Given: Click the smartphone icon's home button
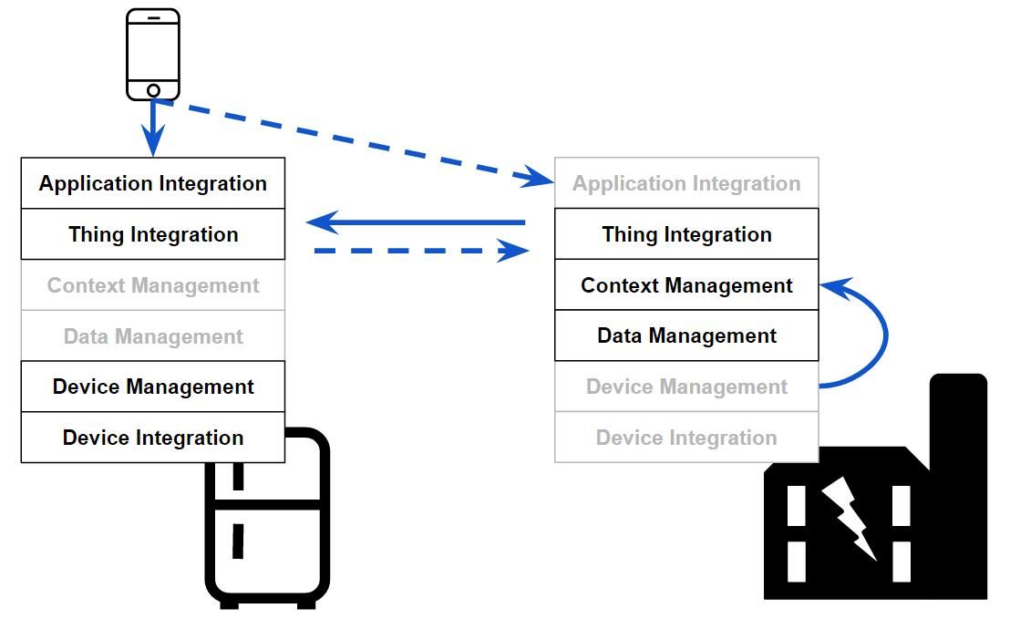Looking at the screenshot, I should [153, 90].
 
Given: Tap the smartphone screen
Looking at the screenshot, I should [153, 51].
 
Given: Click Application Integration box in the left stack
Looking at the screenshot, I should [153, 183].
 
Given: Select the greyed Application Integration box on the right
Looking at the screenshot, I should [686, 183].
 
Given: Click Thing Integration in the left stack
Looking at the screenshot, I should [153, 234].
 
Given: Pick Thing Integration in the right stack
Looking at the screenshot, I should [686, 234].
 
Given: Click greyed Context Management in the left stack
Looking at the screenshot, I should [153, 285].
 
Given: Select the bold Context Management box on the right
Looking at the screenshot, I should [686, 285].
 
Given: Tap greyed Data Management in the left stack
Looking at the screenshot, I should [153, 336].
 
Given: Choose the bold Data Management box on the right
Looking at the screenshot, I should [686, 335].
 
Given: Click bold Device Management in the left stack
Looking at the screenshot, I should [153, 387].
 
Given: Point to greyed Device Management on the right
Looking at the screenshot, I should [686, 387].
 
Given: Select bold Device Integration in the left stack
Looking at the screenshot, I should [153, 438].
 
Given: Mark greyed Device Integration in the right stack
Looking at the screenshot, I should [686, 438].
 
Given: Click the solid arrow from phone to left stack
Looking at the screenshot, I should [153, 128].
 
